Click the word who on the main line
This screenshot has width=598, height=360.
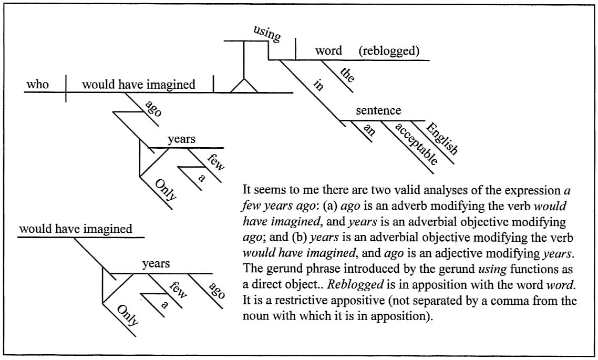coord(38,84)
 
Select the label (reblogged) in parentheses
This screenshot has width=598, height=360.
coord(389,51)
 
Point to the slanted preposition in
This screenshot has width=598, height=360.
coord(318,86)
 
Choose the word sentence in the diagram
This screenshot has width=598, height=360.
coord(378,111)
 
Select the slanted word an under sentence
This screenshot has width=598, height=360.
coord(369,130)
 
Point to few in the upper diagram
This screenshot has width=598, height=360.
coord(216,161)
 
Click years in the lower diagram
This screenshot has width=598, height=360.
coord(156,264)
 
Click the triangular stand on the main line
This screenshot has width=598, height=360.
coord(244,86)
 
